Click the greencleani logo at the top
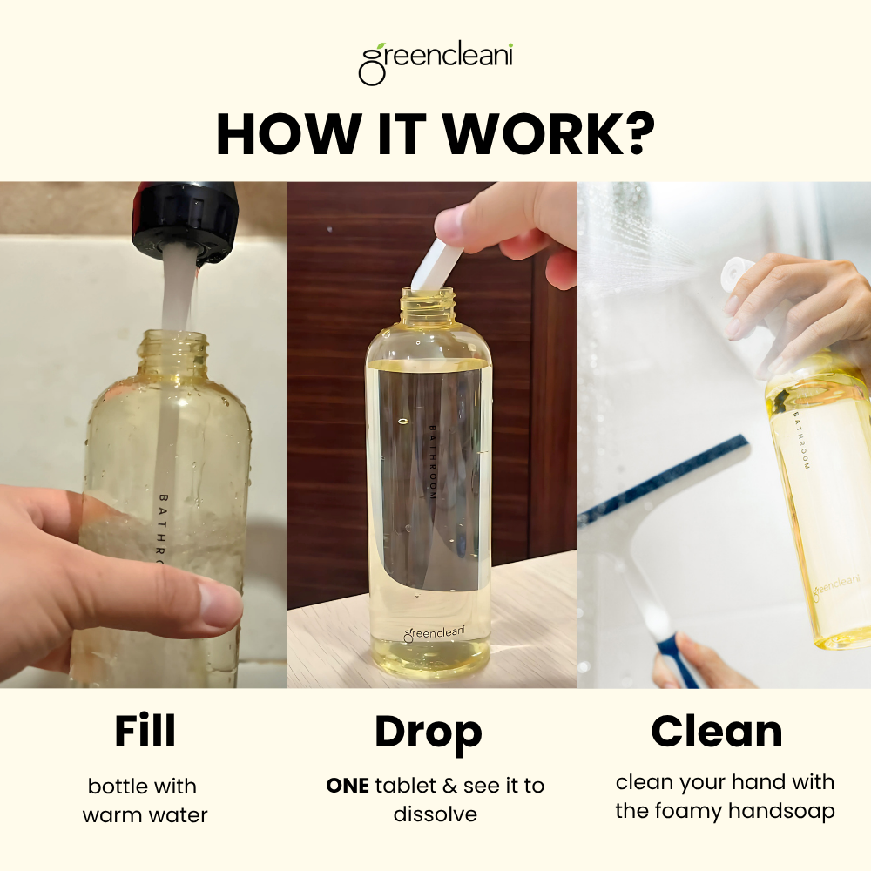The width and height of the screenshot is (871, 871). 435,63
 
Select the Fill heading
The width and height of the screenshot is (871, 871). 145,733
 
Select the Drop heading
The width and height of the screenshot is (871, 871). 428,733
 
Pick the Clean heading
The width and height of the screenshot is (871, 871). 716,732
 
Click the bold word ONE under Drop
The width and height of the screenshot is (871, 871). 348,786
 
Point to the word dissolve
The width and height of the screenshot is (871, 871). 435,814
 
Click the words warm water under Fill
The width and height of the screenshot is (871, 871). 145,816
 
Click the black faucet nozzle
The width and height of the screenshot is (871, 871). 184,218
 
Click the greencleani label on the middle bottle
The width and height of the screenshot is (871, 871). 432,634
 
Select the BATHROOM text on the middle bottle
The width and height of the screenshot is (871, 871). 431,462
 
